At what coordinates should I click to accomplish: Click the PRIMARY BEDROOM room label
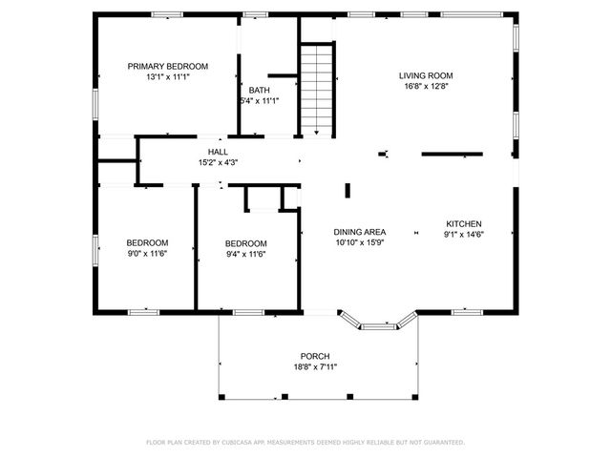pyautogui.click(x=168, y=66)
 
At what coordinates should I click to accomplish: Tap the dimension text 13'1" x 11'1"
pyautogui.click(x=168, y=77)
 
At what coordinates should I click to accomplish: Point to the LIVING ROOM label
pyautogui.click(x=425, y=74)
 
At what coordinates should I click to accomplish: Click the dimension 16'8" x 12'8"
pyautogui.click(x=425, y=86)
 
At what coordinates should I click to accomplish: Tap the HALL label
pyautogui.click(x=218, y=152)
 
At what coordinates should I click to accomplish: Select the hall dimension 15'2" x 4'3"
pyautogui.click(x=218, y=163)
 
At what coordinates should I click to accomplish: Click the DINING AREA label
pyautogui.click(x=359, y=232)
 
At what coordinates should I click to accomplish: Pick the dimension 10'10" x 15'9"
pyautogui.click(x=359, y=243)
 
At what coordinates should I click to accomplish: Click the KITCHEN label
pyautogui.click(x=464, y=223)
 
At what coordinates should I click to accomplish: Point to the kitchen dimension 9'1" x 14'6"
pyautogui.click(x=464, y=235)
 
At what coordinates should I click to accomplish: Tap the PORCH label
pyautogui.click(x=315, y=355)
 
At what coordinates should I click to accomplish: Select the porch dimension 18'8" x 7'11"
pyautogui.click(x=315, y=366)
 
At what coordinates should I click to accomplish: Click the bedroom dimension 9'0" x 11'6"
pyautogui.click(x=148, y=254)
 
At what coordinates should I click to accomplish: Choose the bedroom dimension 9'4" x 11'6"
pyautogui.click(x=245, y=254)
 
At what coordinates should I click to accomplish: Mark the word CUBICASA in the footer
pyautogui.click(x=245, y=443)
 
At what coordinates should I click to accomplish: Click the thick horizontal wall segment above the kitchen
pyautogui.click(x=453, y=153)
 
